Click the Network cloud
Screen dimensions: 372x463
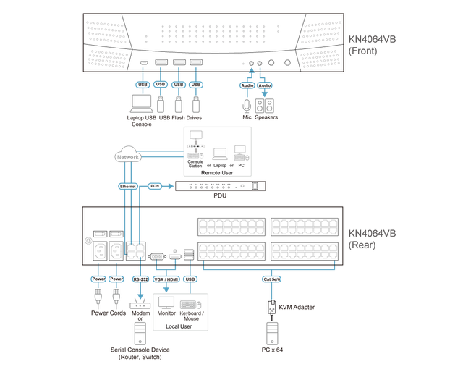click(x=127, y=156)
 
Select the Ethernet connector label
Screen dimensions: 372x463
click(x=127, y=186)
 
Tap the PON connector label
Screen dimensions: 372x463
click(x=154, y=186)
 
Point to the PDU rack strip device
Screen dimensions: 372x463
click(x=221, y=186)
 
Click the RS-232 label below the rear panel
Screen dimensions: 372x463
click(x=140, y=278)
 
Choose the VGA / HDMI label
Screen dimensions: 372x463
click(x=167, y=278)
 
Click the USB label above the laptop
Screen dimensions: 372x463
click(x=143, y=85)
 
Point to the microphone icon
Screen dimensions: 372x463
click(x=246, y=104)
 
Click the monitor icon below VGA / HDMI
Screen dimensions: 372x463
click(x=166, y=303)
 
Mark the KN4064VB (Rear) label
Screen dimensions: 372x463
click(x=373, y=239)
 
